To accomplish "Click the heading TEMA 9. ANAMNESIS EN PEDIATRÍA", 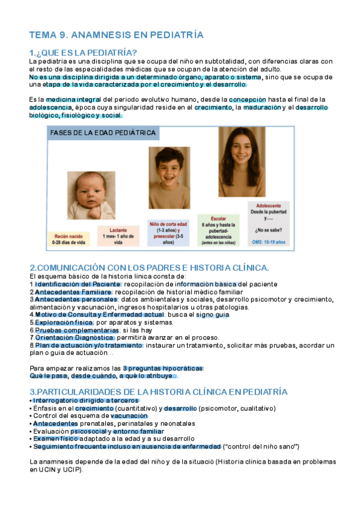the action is [x=116, y=35].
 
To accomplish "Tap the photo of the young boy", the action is [x=168, y=178].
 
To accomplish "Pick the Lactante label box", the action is [x=118, y=235].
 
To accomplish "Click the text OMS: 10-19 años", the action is [x=269, y=242].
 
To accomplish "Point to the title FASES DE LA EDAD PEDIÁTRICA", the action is [x=103, y=133].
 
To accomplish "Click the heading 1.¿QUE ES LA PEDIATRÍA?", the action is [x=83, y=52].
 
